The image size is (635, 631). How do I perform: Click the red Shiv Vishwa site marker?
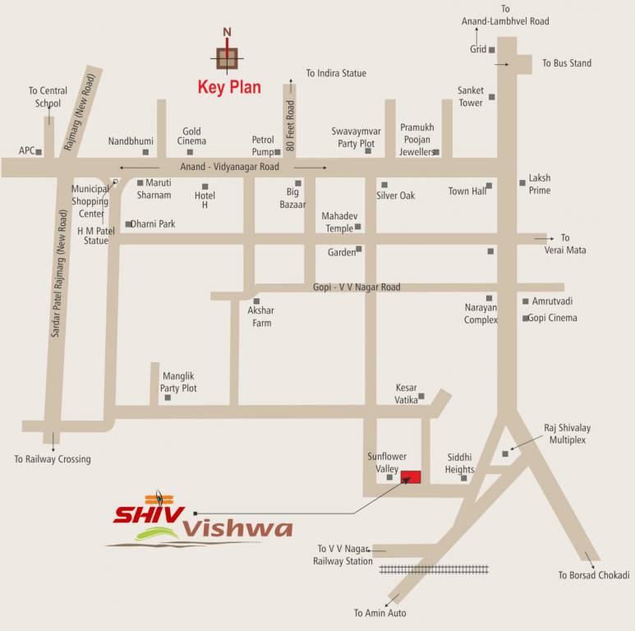(x=411, y=477)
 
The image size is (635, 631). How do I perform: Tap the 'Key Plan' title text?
(x=229, y=87)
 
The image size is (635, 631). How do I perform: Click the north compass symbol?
(x=228, y=56)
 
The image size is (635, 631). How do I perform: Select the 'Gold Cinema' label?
(x=191, y=136)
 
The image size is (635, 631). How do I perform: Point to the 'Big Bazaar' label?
(x=292, y=197)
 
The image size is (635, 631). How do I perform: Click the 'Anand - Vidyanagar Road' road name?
(x=223, y=167)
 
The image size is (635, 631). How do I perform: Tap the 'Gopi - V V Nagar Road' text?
(x=357, y=288)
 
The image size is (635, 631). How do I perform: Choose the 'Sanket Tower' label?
(x=471, y=97)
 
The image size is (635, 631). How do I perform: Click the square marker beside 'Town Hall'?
(x=489, y=186)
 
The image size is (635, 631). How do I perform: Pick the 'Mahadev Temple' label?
(x=337, y=222)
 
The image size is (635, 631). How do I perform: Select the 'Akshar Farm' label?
(x=261, y=317)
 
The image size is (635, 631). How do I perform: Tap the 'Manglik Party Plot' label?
(x=178, y=381)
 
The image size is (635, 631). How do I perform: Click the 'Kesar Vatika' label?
(x=407, y=394)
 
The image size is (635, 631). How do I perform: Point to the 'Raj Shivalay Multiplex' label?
(x=567, y=434)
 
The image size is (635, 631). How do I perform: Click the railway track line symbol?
(x=434, y=569)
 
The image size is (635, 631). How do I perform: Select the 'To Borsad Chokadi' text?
(x=594, y=575)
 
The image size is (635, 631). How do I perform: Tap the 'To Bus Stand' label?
(x=566, y=63)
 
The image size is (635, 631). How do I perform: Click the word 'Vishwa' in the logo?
(x=237, y=528)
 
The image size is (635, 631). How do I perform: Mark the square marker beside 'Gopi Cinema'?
(x=526, y=318)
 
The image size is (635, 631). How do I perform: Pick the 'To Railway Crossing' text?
(x=53, y=459)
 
